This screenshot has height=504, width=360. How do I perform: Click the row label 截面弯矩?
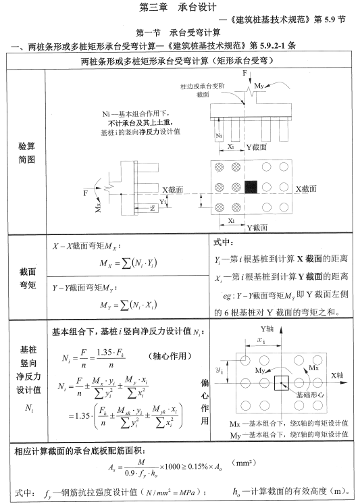click(25, 278)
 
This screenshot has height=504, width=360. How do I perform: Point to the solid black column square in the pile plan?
click(251, 185)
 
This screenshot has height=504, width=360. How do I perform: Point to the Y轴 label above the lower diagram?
click(269, 328)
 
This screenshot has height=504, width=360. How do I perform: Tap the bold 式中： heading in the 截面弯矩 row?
click(224, 242)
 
